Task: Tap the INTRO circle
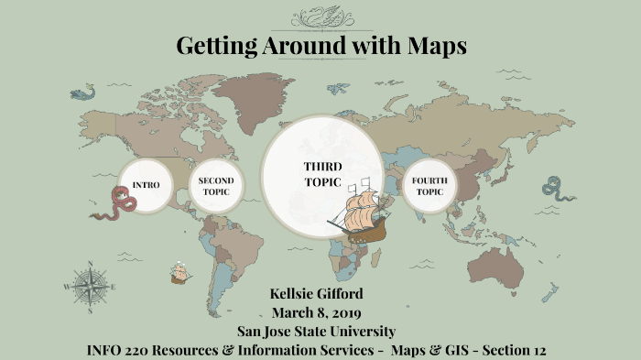coord(147,185)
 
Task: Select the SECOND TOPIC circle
coord(217,186)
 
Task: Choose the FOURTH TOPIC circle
coord(429,186)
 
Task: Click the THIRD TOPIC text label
coord(322,174)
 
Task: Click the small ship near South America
coord(180,272)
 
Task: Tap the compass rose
coord(91,285)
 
